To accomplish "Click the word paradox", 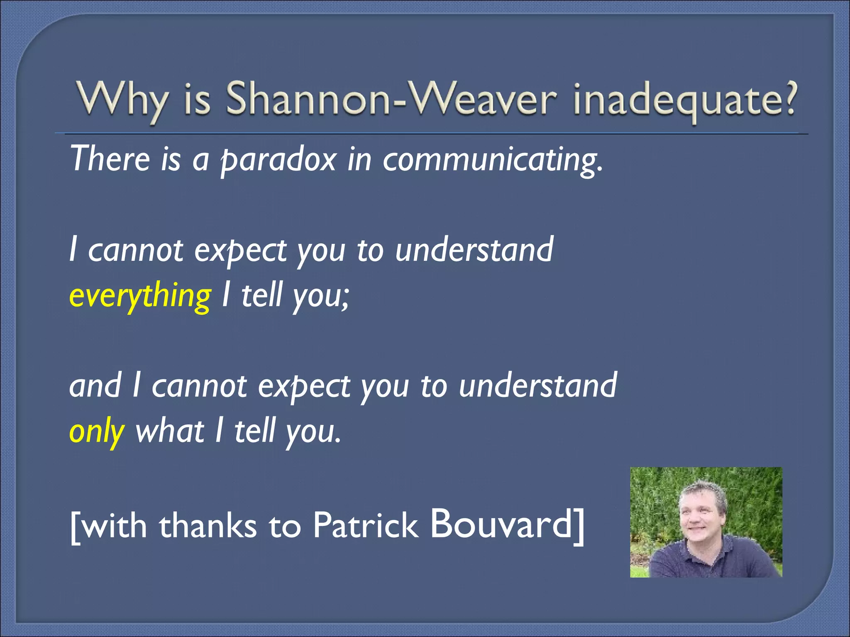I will (x=278, y=160).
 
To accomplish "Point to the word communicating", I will (x=492, y=160).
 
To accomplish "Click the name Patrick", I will (x=365, y=526).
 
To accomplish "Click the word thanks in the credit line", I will (x=208, y=526).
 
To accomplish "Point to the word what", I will (x=170, y=431).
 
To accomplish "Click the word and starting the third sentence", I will (x=95, y=386).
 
